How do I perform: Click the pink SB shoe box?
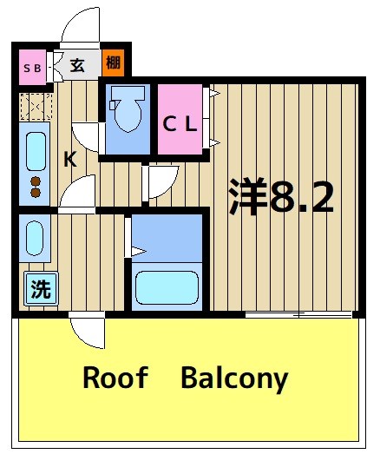click(33, 66)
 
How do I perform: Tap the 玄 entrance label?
click(77, 64)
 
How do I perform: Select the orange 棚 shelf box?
click(113, 63)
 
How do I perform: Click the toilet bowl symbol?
click(127, 112)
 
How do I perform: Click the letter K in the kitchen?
click(69, 160)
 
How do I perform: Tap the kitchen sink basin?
click(35, 150)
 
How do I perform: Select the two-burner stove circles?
click(36, 186)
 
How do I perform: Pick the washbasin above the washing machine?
click(34, 239)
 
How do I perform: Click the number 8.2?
click(301, 197)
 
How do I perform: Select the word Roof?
click(115, 378)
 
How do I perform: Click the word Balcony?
click(234, 379)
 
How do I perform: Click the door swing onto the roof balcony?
click(86, 331)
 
